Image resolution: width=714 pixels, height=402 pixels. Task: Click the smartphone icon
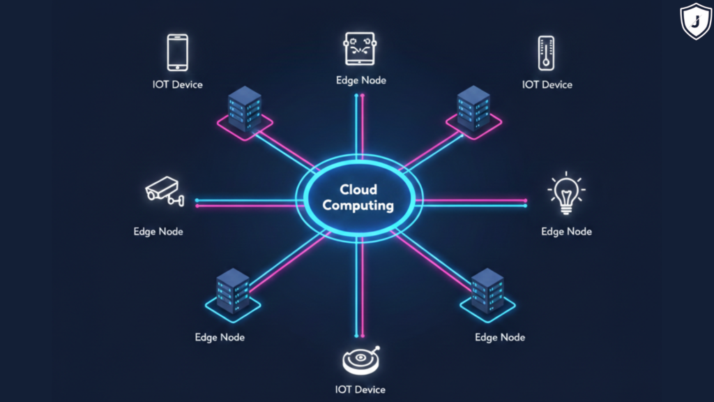pos(178,52)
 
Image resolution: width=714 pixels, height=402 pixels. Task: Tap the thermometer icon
pos(547,53)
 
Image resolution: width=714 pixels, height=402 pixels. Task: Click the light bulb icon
pos(566,193)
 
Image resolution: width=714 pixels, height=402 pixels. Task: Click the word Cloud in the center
pos(358,189)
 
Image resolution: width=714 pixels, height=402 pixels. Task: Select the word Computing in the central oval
pos(358,206)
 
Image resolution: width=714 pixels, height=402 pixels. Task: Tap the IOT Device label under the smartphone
pos(178,84)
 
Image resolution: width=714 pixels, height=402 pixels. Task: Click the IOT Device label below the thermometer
pos(547,84)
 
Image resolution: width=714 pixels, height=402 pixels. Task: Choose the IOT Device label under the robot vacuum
pos(360,389)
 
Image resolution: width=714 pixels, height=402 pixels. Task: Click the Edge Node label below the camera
pos(158,231)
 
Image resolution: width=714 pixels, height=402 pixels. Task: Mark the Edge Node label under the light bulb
pos(566,231)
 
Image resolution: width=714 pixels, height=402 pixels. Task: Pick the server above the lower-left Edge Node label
pos(232,290)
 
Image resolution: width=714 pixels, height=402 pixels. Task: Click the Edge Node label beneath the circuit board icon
pos(360,80)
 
